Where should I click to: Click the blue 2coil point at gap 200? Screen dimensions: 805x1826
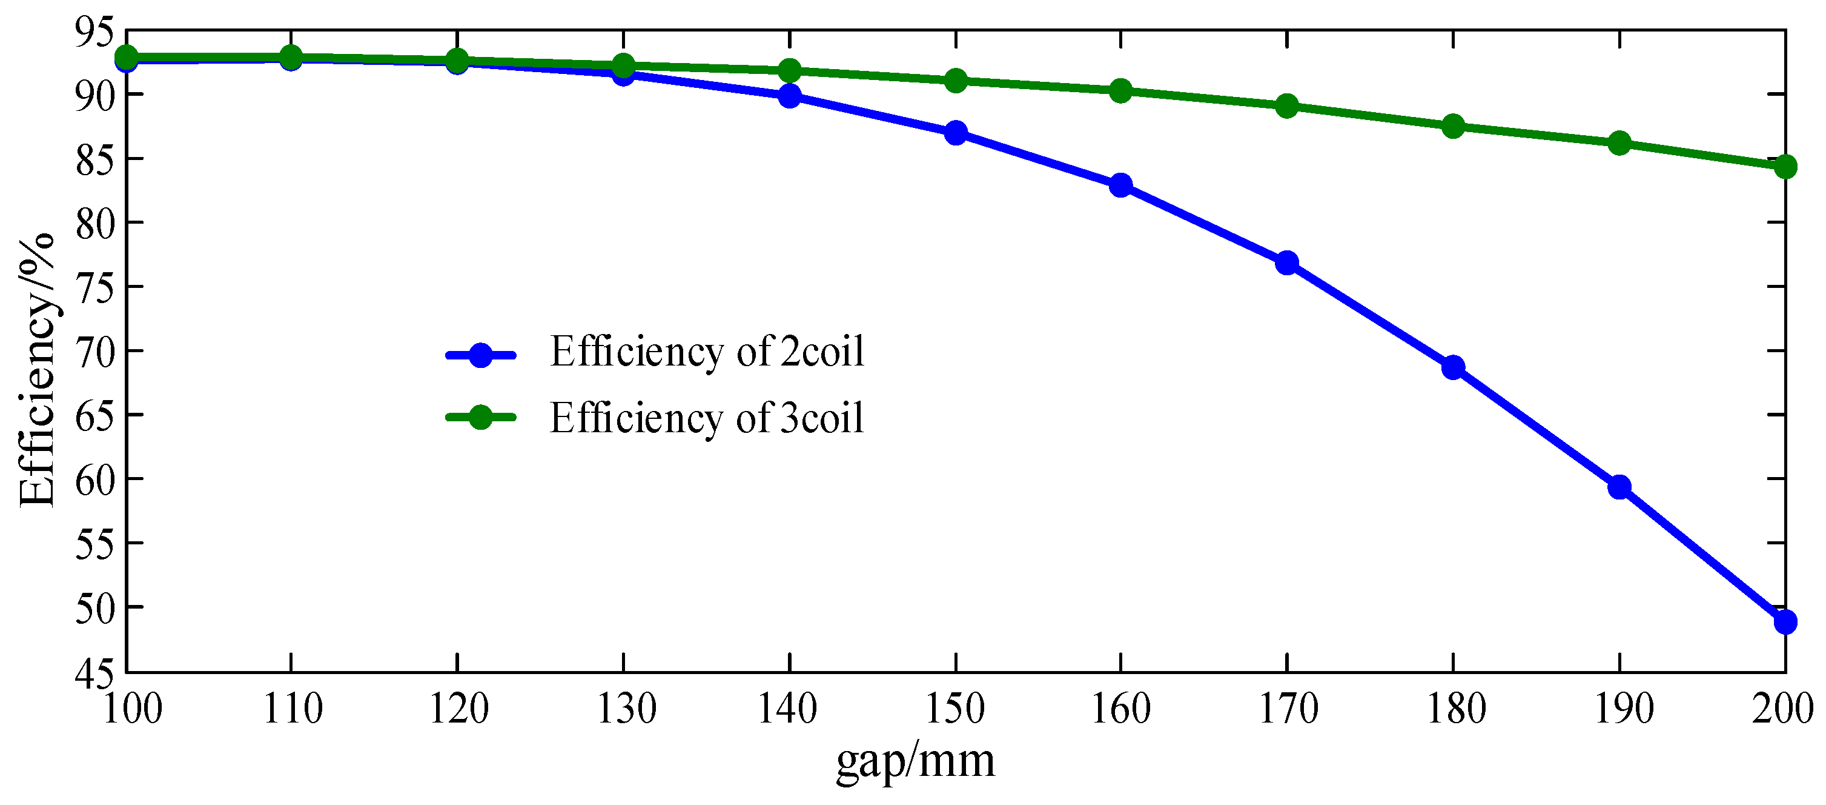(x=1785, y=622)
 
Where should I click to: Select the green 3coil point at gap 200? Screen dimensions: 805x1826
(x=1785, y=167)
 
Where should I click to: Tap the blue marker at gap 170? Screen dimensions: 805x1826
(x=1286, y=263)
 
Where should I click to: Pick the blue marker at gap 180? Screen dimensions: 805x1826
(x=1453, y=367)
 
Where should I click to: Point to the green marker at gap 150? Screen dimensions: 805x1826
(x=956, y=80)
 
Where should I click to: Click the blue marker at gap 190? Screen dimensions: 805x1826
(x=1619, y=487)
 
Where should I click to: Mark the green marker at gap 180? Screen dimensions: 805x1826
(x=1453, y=126)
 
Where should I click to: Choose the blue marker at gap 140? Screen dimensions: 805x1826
(x=789, y=96)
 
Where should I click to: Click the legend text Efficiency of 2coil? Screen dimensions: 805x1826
(x=707, y=352)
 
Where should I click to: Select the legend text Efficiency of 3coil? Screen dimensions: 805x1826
(x=707, y=418)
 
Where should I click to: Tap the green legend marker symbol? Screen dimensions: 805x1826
(x=481, y=418)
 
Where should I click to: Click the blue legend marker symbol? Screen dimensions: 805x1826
(x=481, y=355)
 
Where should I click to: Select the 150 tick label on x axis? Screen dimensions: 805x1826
(x=956, y=709)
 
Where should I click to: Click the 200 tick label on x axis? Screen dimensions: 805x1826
(x=1781, y=709)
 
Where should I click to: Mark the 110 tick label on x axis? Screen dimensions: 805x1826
(x=292, y=709)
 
